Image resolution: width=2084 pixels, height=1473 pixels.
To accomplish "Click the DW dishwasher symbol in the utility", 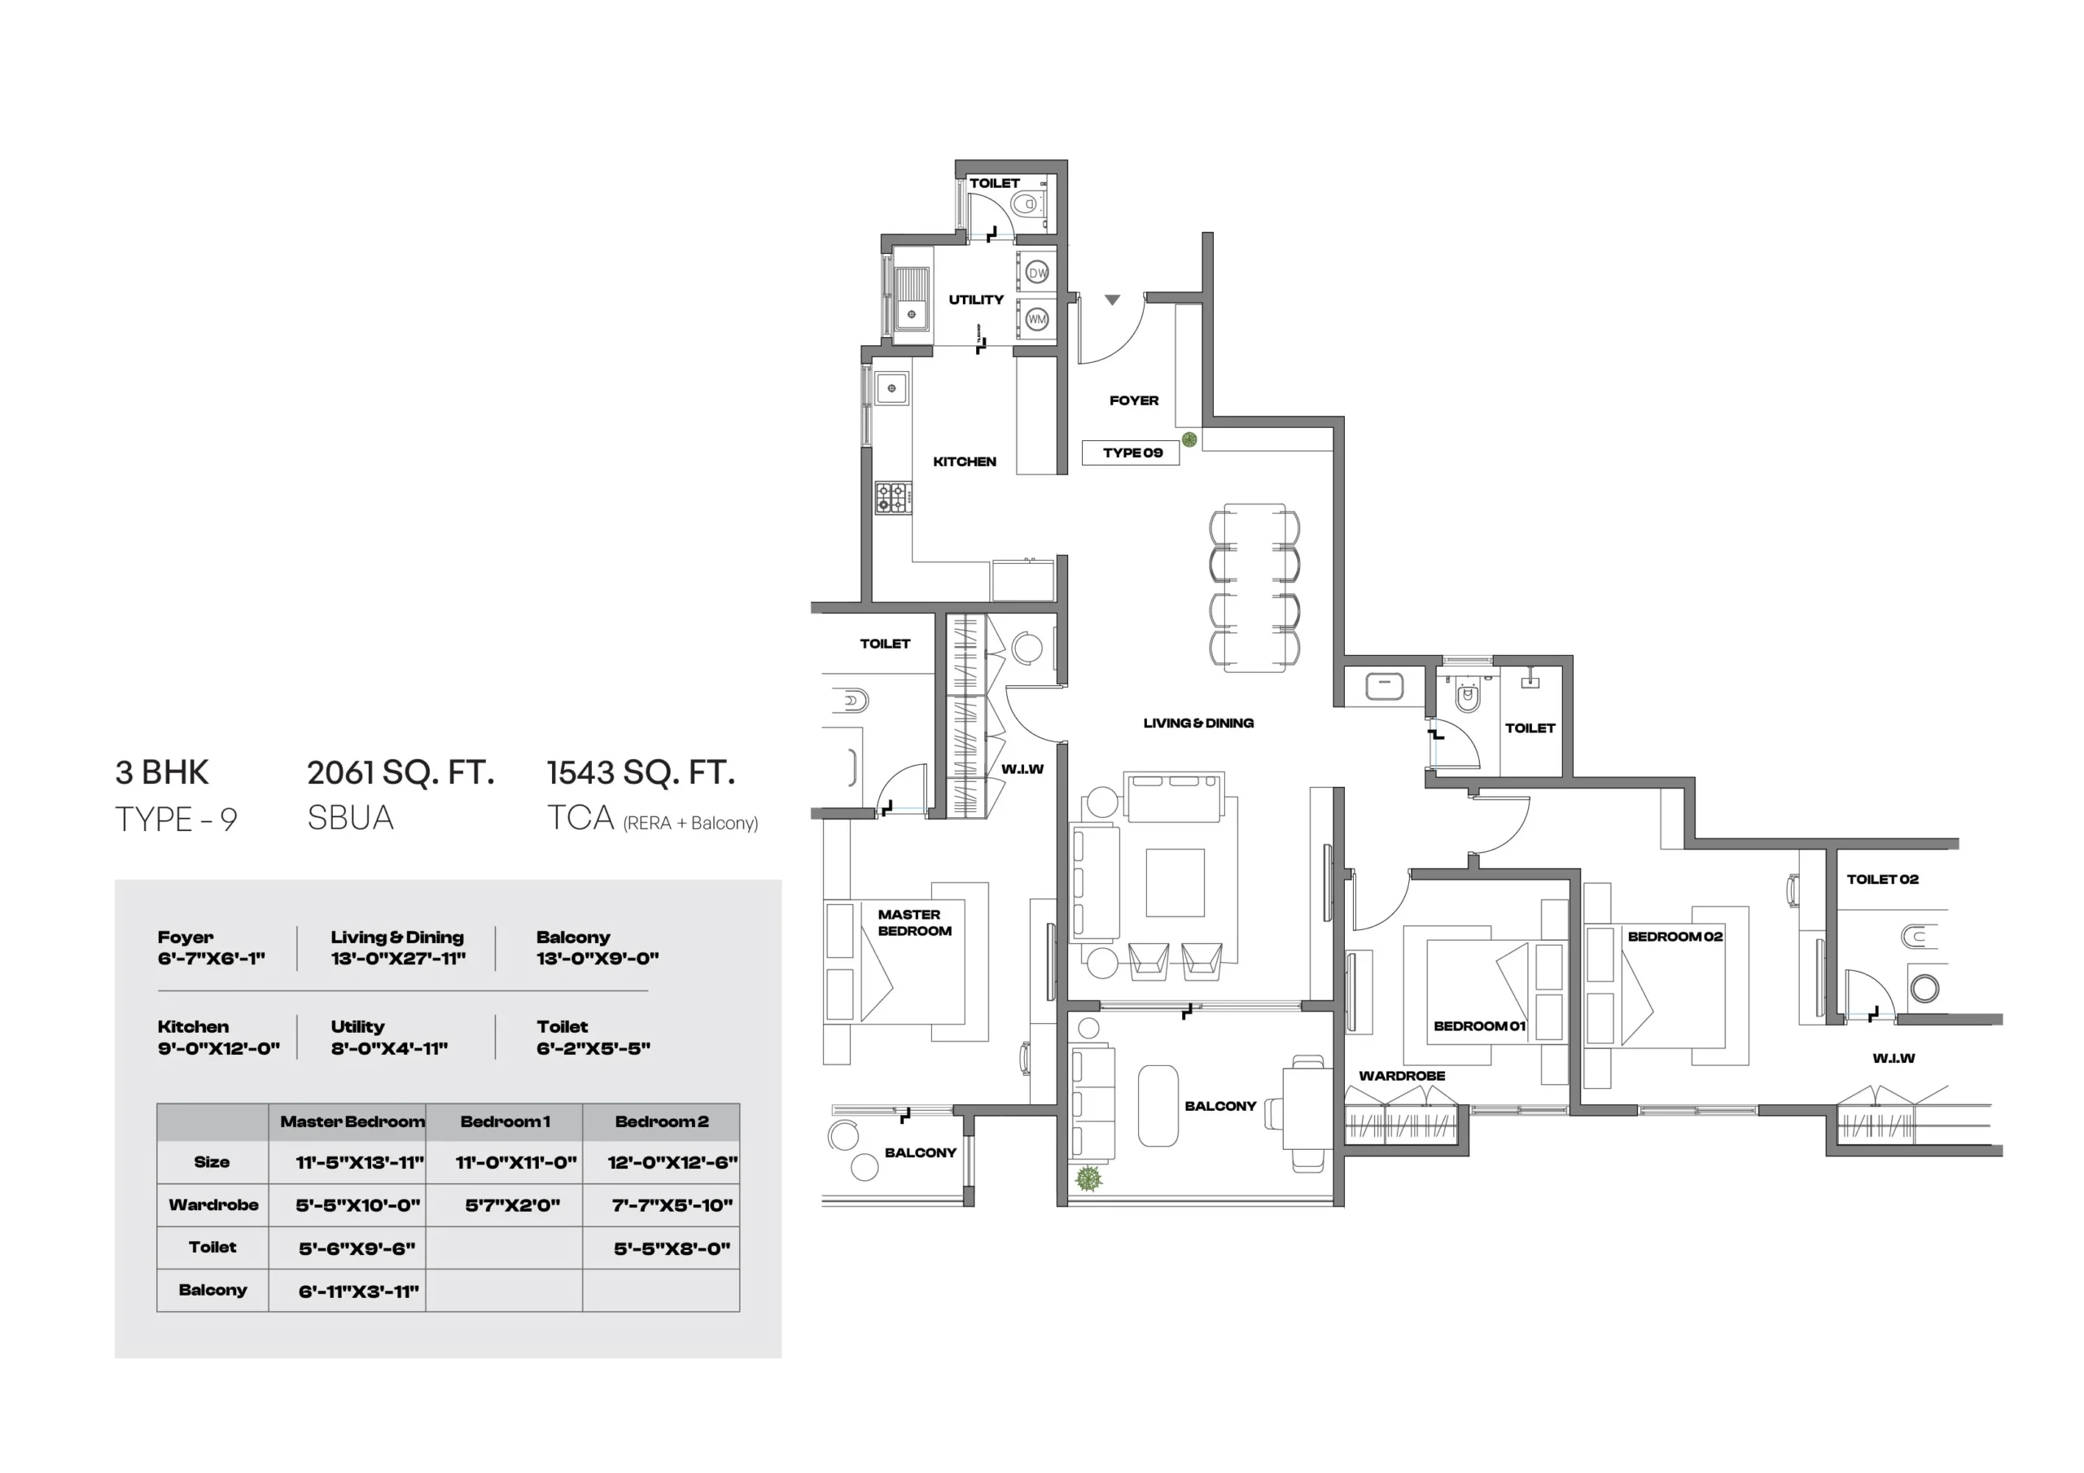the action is [1036, 273].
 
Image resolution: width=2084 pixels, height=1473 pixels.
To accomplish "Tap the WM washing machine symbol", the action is [1036, 318].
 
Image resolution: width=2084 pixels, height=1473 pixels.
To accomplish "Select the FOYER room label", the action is [1134, 400].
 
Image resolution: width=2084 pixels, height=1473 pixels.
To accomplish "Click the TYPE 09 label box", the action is [1131, 452].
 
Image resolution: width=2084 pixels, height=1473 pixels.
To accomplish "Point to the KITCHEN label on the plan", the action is [964, 462].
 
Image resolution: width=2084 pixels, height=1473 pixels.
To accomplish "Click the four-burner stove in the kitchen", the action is [893, 498].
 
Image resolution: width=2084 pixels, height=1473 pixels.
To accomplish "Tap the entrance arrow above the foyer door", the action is [1112, 299].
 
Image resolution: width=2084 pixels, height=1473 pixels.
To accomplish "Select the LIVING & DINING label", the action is [1198, 723].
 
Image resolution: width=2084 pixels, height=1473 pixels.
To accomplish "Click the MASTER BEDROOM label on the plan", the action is [914, 922].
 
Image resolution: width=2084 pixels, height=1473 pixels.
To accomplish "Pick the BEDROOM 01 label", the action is [1478, 1026].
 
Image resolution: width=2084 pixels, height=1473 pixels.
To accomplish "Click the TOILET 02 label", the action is [1882, 880].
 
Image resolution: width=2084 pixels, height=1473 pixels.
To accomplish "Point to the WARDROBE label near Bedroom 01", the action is [1402, 1077].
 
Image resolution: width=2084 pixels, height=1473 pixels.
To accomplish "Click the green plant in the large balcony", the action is [1088, 1178].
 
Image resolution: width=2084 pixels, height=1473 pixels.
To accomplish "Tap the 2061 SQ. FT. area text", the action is [401, 772].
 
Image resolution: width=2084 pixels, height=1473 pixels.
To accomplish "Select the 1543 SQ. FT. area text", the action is [641, 772].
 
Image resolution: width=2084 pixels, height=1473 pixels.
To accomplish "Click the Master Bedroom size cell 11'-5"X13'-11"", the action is [360, 1163].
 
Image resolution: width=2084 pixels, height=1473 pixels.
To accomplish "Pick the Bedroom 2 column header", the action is [662, 1121].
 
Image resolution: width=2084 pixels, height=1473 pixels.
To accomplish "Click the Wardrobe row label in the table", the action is [213, 1205].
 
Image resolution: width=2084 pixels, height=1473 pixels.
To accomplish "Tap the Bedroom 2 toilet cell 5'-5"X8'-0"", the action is [672, 1249].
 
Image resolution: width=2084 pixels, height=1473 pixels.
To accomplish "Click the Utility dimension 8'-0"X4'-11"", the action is [389, 1049].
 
